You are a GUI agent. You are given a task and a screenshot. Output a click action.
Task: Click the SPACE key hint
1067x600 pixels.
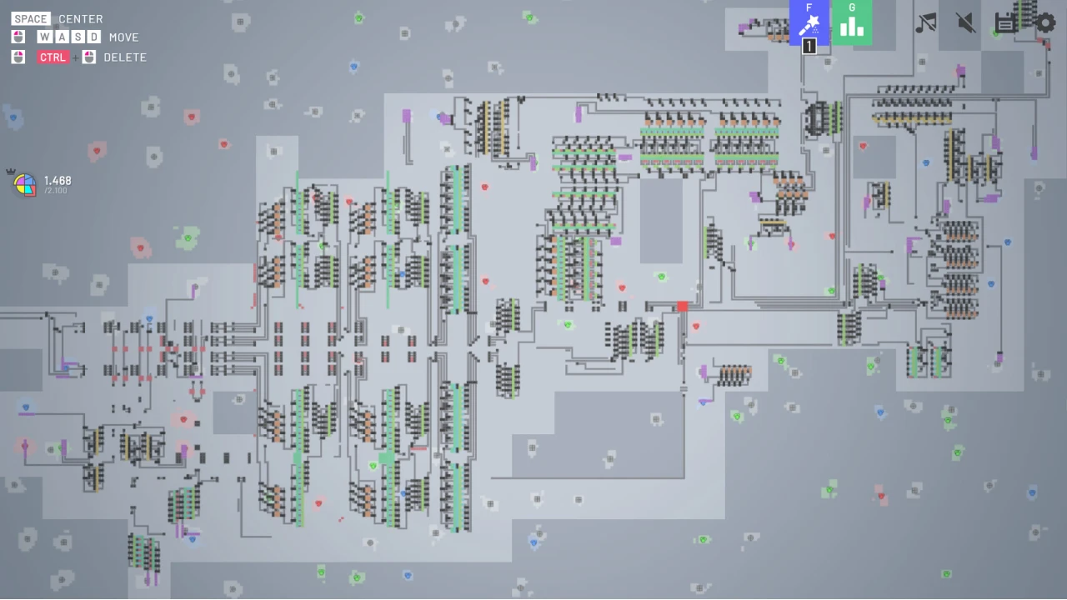(31, 18)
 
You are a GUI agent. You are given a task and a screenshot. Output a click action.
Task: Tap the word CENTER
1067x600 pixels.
(81, 19)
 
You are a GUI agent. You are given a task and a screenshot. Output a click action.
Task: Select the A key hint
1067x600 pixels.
(62, 37)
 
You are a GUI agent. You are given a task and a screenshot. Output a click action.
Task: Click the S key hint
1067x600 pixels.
(78, 37)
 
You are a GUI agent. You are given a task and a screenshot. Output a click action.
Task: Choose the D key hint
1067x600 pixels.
(94, 37)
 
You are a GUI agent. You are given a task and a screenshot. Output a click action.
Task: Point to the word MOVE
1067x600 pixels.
(124, 37)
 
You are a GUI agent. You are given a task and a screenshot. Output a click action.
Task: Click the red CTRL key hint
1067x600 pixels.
(53, 57)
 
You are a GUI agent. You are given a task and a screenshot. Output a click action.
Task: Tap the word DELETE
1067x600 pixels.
(125, 57)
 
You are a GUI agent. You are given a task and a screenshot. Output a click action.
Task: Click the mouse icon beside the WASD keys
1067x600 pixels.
(18, 37)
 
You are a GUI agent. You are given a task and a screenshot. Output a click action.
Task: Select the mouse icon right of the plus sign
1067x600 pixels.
(89, 57)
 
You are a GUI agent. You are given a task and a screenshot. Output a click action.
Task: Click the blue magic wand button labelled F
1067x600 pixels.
(809, 22)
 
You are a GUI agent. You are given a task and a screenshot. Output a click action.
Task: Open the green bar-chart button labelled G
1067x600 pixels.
(852, 22)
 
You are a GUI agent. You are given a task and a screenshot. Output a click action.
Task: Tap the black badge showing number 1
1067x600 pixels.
(809, 46)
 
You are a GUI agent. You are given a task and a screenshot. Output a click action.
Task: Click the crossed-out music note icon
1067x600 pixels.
(926, 22)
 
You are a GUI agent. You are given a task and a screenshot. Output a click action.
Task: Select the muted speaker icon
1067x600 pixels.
(966, 22)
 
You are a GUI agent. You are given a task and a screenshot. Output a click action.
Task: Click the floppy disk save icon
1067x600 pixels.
(1005, 22)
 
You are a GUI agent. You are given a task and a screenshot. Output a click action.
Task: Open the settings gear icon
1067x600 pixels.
(1045, 22)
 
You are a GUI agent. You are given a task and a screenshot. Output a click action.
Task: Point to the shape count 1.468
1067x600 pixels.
(58, 181)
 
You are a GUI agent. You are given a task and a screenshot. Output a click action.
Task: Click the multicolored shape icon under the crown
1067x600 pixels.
(25, 185)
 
